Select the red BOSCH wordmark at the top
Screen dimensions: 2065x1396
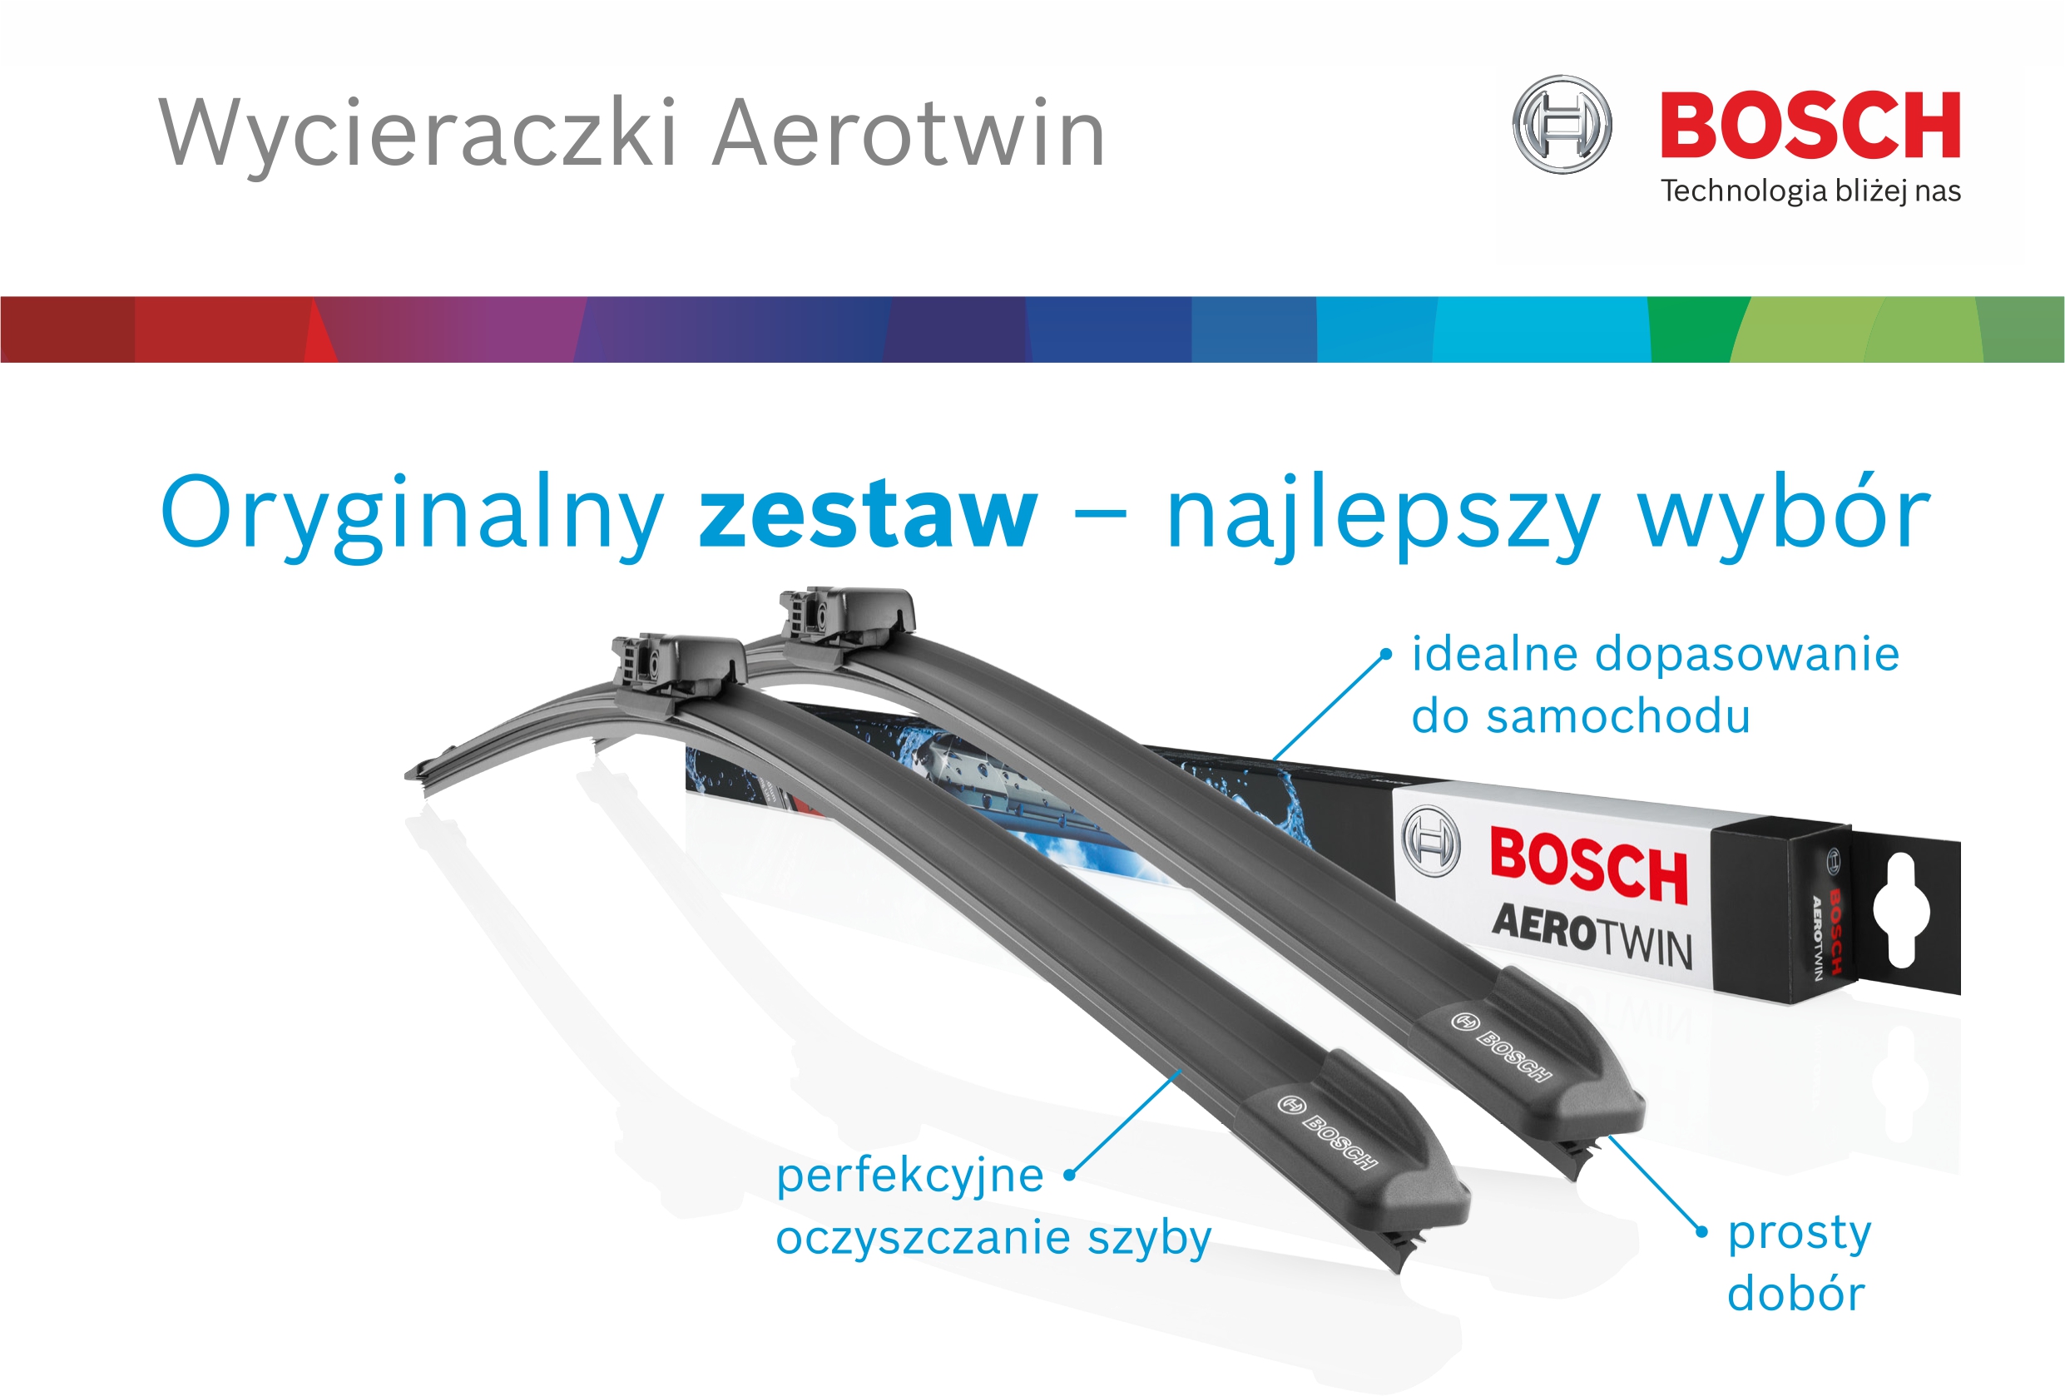[x=1810, y=126]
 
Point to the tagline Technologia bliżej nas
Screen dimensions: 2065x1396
[x=1811, y=191]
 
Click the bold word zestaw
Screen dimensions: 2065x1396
[x=868, y=514]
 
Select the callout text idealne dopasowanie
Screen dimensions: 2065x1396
[x=1656, y=654]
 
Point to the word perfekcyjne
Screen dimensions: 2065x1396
[x=910, y=1176]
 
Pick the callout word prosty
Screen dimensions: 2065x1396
[x=1800, y=1235]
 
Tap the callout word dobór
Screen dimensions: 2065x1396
[x=1795, y=1293]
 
